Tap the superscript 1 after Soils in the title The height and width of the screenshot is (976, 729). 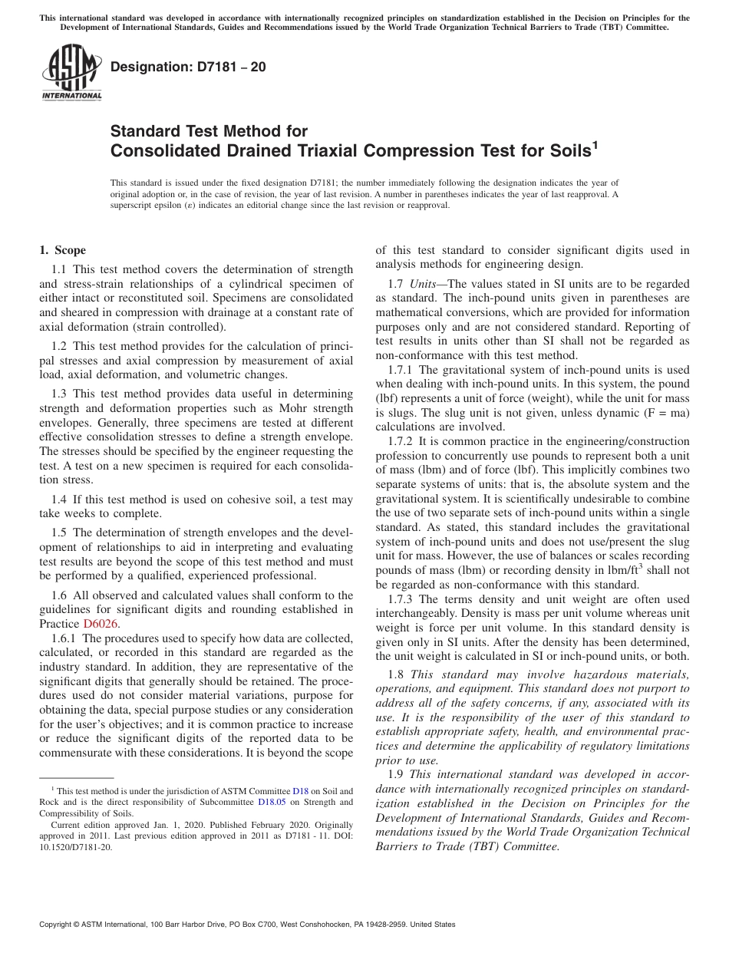pos(594,144)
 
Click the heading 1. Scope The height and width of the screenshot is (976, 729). pos(62,250)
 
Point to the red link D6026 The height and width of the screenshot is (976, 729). pos(101,624)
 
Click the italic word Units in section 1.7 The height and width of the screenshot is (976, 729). pos(422,284)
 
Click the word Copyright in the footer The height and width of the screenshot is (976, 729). pos(58,925)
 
